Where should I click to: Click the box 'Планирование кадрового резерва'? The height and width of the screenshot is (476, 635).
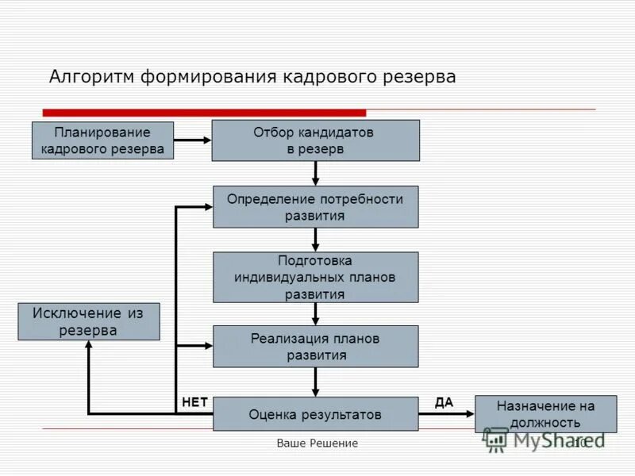[102, 140]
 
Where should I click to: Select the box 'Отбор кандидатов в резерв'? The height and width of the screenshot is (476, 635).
[315, 140]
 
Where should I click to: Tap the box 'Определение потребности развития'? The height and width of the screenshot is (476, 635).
[315, 207]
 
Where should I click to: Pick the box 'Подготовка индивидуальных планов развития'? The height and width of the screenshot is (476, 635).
[315, 277]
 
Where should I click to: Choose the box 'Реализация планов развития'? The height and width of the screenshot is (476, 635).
[315, 346]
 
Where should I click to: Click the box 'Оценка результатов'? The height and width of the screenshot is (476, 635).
[315, 414]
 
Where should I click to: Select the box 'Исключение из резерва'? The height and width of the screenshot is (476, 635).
[88, 321]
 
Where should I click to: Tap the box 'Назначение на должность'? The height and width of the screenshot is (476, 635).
[545, 414]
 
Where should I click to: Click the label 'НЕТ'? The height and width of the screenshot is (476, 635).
[194, 402]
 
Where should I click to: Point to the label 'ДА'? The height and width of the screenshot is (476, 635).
[444, 402]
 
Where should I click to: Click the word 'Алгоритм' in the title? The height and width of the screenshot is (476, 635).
[92, 77]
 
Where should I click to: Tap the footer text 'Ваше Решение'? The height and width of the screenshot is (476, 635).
[317, 443]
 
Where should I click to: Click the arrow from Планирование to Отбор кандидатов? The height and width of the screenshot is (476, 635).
[193, 140]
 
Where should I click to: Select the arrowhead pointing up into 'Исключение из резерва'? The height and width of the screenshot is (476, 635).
[88, 347]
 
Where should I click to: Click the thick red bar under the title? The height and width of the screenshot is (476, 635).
[204, 113]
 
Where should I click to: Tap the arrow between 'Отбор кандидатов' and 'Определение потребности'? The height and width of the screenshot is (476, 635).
[315, 173]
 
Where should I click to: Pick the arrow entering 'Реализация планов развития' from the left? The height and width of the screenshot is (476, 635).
[194, 346]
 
